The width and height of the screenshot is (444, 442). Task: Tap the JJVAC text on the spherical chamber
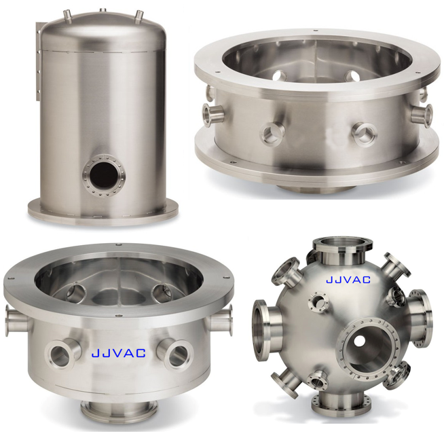348,280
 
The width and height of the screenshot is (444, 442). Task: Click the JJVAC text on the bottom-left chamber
119,353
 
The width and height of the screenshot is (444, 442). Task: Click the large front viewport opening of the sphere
368,348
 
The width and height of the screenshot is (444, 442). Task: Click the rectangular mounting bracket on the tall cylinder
39,61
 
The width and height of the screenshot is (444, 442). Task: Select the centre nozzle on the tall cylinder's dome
103,10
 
